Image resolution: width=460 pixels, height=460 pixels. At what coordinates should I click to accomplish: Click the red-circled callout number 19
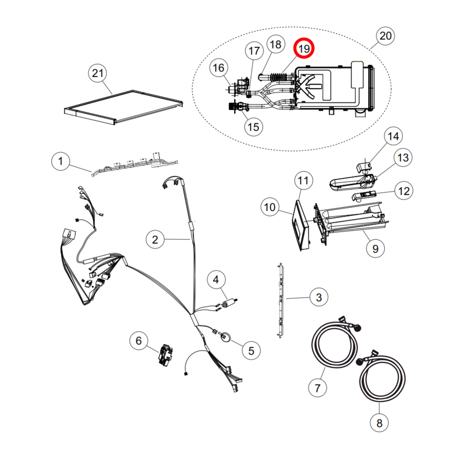point(304,48)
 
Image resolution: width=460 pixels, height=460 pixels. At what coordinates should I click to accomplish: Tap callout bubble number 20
point(385,36)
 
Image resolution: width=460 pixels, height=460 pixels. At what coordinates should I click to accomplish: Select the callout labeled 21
point(97,73)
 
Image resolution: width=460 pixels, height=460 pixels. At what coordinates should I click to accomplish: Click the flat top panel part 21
point(124,107)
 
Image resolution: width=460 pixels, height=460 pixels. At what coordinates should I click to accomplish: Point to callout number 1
point(61,161)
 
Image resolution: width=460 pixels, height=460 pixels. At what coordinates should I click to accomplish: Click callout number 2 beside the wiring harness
point(155,239)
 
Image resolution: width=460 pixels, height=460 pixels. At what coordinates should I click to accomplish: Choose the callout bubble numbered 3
point(319,297)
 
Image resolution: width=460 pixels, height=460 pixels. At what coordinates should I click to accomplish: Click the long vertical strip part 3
point(280,301)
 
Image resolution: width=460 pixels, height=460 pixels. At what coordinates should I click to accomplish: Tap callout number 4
point(216,279)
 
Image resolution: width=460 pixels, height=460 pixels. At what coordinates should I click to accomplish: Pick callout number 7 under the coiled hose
point(318,388)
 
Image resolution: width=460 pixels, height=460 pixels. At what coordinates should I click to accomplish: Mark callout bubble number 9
point(375,248)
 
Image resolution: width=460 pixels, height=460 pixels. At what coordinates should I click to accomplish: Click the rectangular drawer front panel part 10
point(301,226)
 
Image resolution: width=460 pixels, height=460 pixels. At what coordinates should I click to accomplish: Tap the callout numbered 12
point(404,191)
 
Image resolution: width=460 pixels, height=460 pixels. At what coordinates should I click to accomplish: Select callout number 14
point(393,136)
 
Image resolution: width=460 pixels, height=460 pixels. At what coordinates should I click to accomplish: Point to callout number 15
point(253,127)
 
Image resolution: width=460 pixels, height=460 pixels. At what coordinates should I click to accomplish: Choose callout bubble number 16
point(219,68)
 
